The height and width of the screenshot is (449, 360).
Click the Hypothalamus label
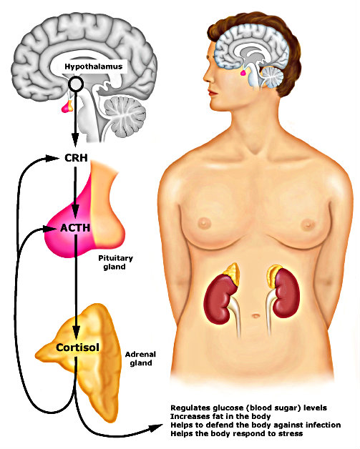[x=94, y=66]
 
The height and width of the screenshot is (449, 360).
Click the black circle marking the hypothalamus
[x=76, y=84]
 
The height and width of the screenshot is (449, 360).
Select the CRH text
[x=76, y=158]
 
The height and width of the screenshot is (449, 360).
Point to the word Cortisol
[x=78, y=347]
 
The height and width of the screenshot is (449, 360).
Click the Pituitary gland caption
[x=115, y=262]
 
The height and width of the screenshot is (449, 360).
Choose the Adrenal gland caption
[x=140, y=358]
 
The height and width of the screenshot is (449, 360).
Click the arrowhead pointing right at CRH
[x=52, y=158]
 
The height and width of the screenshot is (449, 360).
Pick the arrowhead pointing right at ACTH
[x=49, y=229]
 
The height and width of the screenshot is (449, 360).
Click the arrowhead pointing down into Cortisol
[x=76, y=333]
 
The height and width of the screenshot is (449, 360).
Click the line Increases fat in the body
[x=220, y=416]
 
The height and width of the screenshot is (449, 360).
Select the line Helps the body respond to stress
[x=236, y=433]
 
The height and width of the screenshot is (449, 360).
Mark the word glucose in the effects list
[x=228, y=408]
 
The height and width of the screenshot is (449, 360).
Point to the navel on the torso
[x=256, y=316]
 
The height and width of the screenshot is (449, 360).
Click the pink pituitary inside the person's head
[x=243, y=73]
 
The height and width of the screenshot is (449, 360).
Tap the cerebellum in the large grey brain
[x=125, y=117]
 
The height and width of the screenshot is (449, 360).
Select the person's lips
[x=213, y=93]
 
